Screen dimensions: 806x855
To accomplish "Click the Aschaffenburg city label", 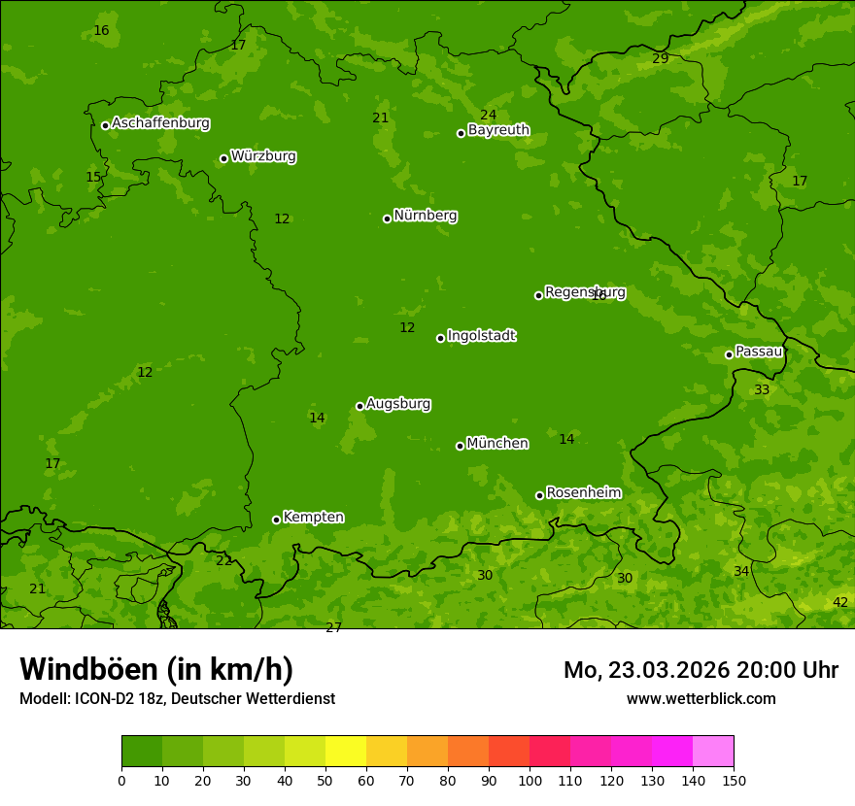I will click(160, 123).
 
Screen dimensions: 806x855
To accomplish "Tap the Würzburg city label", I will click(263, 156).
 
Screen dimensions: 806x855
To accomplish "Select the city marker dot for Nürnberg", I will click(387, 218).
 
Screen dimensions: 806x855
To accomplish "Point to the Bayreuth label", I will click(498, 130).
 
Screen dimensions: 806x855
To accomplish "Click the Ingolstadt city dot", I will click(440, 338).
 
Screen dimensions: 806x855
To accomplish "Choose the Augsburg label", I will click(398, 404).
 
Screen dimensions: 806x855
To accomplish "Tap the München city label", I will click(497, 444).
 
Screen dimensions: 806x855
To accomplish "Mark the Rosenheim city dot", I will click(539, 495).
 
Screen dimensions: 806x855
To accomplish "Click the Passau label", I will click(759, 352).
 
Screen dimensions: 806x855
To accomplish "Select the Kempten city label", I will click(313, 518).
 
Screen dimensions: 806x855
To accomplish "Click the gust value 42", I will click(840, 603).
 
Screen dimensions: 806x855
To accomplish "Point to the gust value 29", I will click(661, 59).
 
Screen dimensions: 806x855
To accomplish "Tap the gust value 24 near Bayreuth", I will click(489, 116).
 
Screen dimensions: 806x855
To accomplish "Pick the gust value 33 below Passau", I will click(762, 390).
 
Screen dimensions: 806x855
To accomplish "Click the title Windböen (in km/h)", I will click(156, 669).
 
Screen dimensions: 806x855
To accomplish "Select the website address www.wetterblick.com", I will click(701, 699).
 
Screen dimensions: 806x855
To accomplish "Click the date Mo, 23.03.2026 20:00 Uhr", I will click(701, 670).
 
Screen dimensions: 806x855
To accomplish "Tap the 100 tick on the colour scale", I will click(530, 780).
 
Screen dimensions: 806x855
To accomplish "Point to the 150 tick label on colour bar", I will click(734, 780).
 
